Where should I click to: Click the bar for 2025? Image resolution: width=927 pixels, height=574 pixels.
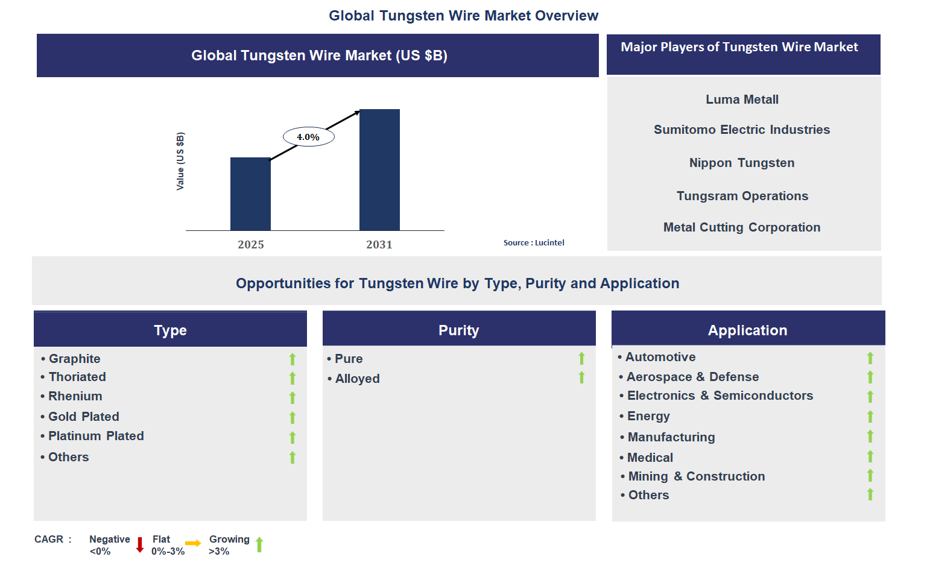[250, 194]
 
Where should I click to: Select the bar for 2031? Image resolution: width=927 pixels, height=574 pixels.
[379, 169]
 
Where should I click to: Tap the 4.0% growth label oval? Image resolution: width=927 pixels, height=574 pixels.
[309, 137]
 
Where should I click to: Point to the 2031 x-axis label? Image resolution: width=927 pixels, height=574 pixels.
[379, 245]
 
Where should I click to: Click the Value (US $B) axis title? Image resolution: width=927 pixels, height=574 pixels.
[180, 161]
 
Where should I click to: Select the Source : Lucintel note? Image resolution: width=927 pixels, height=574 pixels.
[534, 242]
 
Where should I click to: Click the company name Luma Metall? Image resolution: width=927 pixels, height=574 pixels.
[742, 99]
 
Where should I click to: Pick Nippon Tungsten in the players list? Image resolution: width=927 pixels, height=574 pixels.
[742, 163]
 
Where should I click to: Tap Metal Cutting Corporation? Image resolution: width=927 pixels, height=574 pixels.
[742, 227]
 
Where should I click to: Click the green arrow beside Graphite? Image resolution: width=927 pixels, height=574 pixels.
[293, 359]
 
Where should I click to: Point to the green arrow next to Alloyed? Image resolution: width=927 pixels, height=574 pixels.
[581, 377]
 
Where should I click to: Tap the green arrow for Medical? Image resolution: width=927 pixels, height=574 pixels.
[870, 456]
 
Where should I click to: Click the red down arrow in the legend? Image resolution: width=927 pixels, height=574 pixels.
[140, 545]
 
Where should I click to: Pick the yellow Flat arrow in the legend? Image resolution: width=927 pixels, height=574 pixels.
[193, 543]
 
